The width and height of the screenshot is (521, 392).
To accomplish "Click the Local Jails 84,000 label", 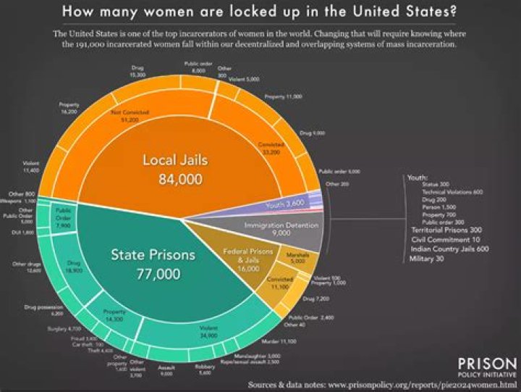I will (x=171, y=169).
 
